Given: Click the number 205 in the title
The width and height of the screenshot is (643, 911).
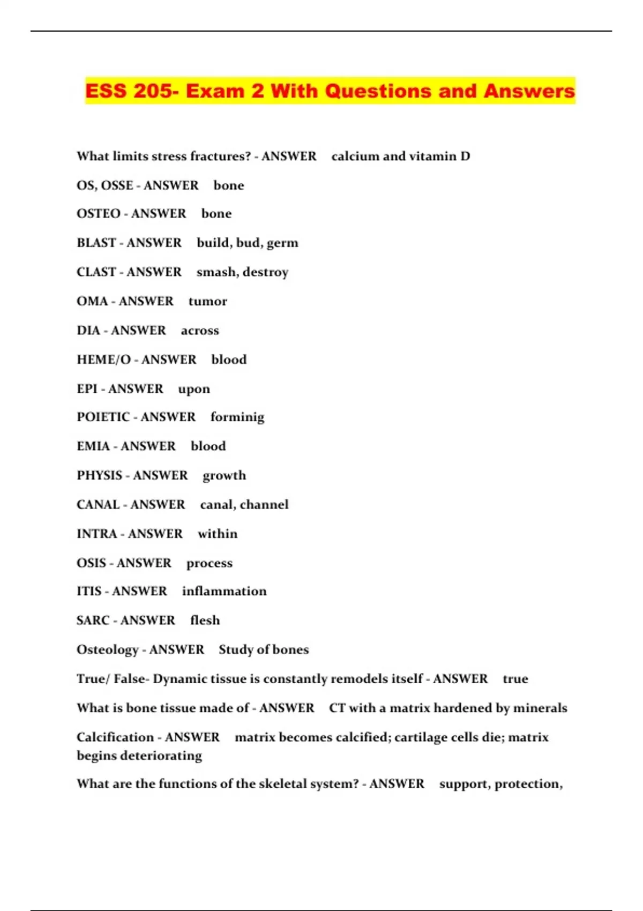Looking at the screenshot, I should (x=153, y=91).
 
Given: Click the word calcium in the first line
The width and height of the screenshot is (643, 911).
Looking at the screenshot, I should (x=355, y=156).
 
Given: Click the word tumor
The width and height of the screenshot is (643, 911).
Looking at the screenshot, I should (x=208, y=301).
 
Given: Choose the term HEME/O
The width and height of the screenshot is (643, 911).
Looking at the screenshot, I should (x=103, y=360).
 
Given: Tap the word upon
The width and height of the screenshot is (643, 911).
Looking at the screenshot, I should (x=194, y=389).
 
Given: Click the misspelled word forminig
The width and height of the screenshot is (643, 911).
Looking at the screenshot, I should (x=237, y=417).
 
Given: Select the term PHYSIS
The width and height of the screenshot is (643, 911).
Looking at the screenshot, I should (x=100, y=476).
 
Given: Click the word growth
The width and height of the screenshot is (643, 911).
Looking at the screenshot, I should (x=225, y=476).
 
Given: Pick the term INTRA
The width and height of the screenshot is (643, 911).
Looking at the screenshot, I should (x=97, y=534).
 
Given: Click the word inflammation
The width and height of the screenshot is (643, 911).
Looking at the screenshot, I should (x=224, y=591).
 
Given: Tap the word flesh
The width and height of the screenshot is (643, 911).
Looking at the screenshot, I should (x=205, y=621).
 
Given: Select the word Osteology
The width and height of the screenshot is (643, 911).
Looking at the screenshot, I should (x=108, y=650).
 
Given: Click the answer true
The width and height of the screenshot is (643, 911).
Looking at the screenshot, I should (x=515, y=679).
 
